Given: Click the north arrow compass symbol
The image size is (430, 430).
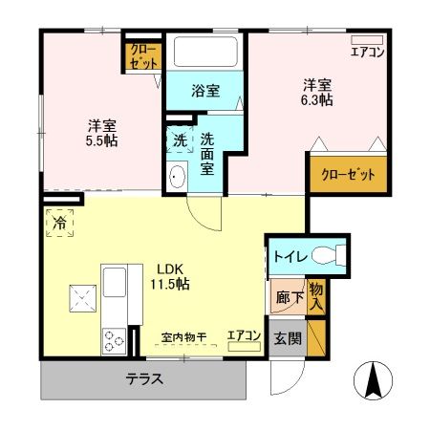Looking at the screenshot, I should pyautogui.click(x=376, y=382).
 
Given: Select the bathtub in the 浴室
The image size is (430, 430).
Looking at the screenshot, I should pyautogui.click(x=205, y=53).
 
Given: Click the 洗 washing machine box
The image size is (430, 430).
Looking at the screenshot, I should pyautogui.click(x=180, y=140).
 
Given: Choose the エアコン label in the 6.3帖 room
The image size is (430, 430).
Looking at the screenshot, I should pyautogui.click(x=367, y=52).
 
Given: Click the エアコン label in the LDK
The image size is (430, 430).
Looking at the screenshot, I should pyautogui.click(x=244, y=335).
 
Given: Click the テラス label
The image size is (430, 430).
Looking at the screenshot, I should pyautogui.click(x=144, y=378).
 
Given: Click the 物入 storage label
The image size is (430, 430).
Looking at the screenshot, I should pyautogui.click(x=316, y=296).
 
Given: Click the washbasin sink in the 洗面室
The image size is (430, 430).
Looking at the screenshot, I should pyautogui.click(x=178, y=175).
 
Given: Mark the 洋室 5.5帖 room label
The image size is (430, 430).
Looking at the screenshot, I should pyautogui.click(x=99, y=131).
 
